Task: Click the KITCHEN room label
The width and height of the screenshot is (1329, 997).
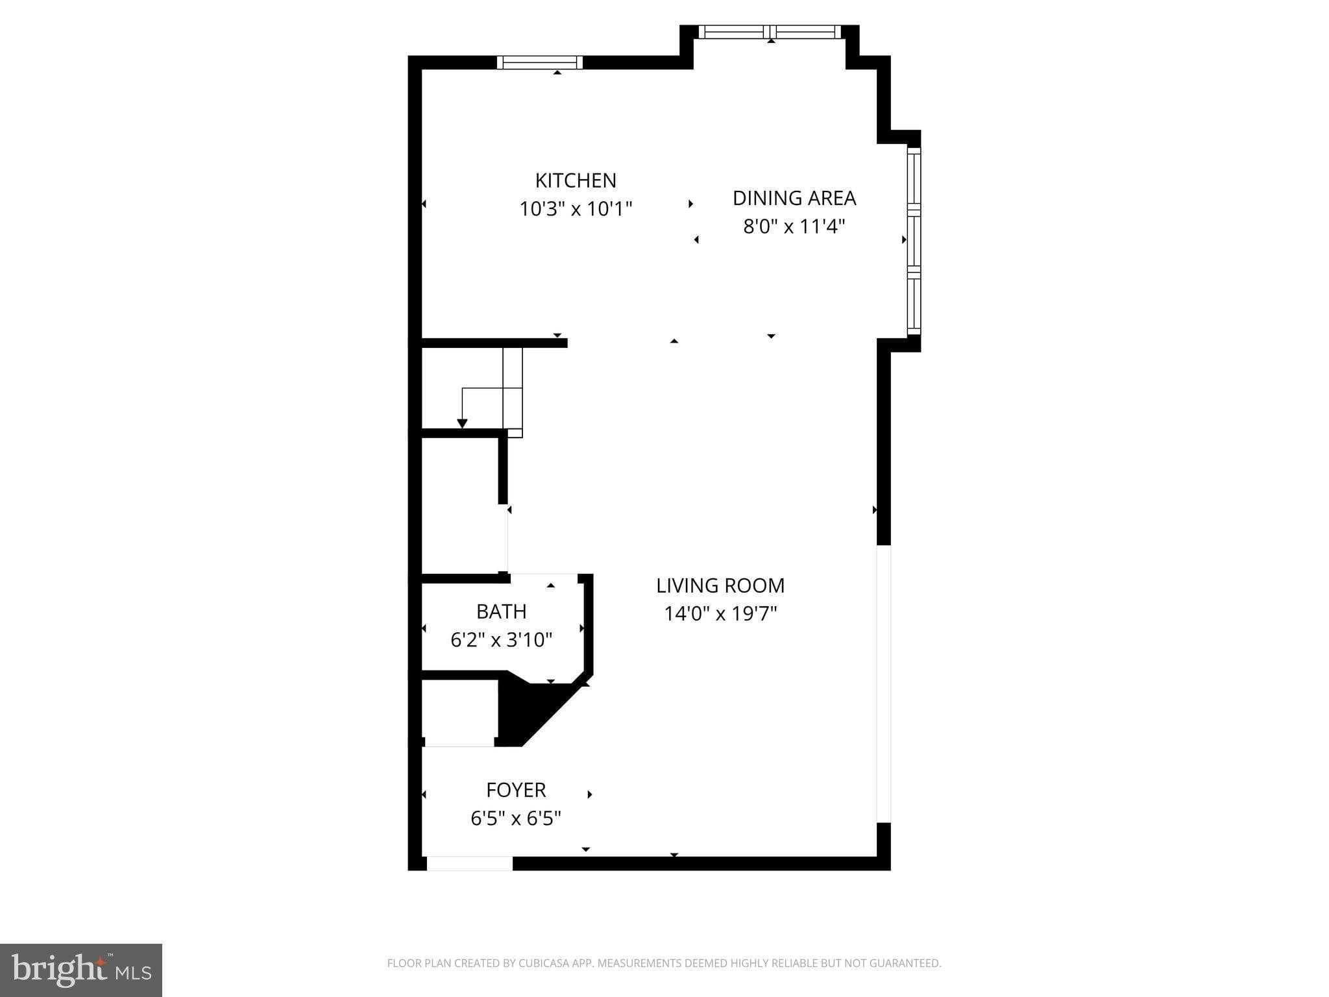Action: point(576,180)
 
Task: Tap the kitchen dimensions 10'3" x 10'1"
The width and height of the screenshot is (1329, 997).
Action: point(576,209)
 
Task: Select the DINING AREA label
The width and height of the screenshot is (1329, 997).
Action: point(794,198)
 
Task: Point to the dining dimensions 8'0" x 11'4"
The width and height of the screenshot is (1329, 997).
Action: point(794,227)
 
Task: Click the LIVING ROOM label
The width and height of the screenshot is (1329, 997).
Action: point(720,585)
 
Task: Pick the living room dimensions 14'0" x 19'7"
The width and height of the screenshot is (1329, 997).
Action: point(720,613)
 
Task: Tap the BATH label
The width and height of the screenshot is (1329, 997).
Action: point(501,611)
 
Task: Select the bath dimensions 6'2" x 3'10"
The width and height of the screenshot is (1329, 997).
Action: point(501,640)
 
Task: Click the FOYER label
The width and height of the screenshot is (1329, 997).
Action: point(516,790)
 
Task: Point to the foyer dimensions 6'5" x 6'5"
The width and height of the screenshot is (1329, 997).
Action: point(516,819)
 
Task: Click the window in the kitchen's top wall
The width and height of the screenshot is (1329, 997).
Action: point(540,62)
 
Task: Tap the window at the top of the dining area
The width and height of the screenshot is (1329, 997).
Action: point(770,32)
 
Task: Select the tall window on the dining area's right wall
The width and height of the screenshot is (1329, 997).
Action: point(914,241)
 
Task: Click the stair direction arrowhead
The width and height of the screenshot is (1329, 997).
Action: point(462,424)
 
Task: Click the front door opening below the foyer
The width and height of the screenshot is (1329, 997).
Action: point(469,863)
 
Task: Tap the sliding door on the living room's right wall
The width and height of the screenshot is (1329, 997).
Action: point(884,683)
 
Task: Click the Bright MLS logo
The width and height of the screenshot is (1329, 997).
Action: point(81,970)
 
